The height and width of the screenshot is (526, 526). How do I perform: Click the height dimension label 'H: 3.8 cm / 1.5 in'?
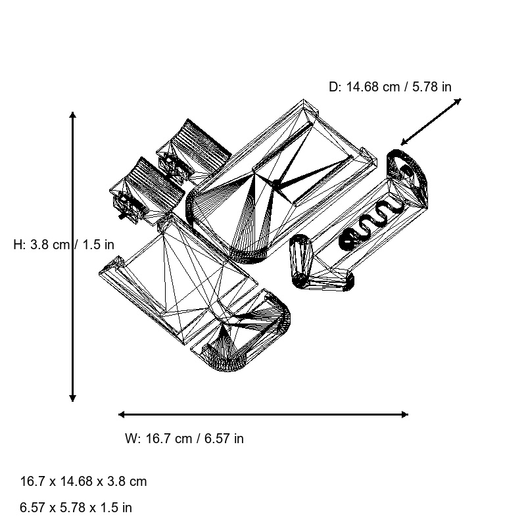(64, 245)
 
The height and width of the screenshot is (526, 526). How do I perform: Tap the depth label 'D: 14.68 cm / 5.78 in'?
(390, 87)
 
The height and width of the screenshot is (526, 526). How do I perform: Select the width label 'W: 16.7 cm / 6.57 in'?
(184, 439)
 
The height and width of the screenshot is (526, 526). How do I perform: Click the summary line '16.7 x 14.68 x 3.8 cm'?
(84, 481)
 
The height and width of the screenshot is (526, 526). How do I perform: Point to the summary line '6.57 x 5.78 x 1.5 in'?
(76, 507)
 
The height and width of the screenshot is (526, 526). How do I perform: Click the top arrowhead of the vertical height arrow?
(72, 115)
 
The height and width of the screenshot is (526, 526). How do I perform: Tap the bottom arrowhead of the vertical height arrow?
(72, 398)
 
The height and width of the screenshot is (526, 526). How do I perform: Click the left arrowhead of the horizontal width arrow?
(122, 415)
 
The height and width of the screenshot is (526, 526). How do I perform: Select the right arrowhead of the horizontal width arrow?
(405, 415)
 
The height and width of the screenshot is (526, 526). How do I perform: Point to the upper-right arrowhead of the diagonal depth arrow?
(458, 101)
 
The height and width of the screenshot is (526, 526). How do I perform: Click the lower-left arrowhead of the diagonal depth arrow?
(404, 142)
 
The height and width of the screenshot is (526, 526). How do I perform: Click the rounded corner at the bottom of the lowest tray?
(228, 364)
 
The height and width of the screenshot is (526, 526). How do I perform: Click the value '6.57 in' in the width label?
(224, 439)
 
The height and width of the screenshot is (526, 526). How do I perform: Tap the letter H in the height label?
(18, 245)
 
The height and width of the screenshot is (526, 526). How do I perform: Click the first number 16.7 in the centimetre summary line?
(32, 481)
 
